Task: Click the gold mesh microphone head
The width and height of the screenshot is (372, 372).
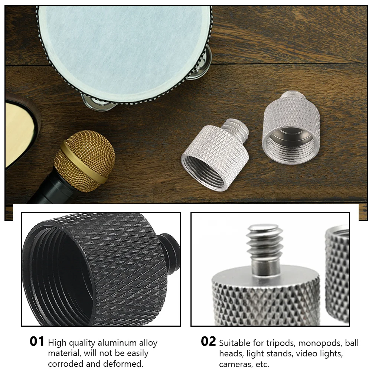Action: [85, 160]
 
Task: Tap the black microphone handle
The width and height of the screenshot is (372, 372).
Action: [48, 191]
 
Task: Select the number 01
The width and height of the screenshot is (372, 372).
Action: [37, 342]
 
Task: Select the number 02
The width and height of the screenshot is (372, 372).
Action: [208, 342]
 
